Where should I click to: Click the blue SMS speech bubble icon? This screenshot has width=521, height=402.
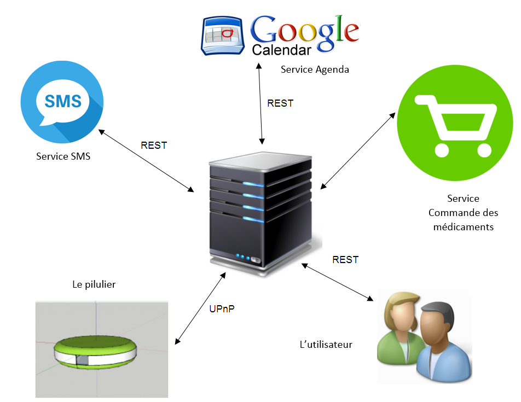point(62,102)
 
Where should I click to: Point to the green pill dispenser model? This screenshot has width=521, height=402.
point(95,352)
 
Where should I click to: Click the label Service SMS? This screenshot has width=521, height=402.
point(63,156)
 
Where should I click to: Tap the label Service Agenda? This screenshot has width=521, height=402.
point(315,69)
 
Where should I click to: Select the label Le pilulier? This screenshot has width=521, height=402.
point(94,284)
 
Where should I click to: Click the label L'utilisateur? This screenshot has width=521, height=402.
point(326,345)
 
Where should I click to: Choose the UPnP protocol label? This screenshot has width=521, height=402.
point(223,309)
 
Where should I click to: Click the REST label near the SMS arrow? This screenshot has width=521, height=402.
point(154,145)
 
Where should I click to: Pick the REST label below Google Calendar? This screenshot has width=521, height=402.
point(280,103)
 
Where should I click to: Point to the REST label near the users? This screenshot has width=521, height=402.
point(345,260)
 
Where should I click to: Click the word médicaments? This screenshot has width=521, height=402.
point(463,226)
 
